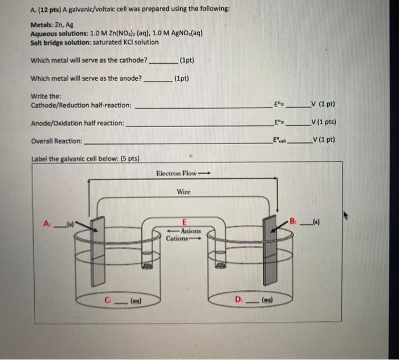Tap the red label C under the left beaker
coord(107,297)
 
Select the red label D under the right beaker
coord(238,297)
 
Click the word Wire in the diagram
coord(184,192)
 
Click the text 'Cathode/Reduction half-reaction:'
coord(80,105)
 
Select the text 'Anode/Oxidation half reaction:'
coord(77,122)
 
